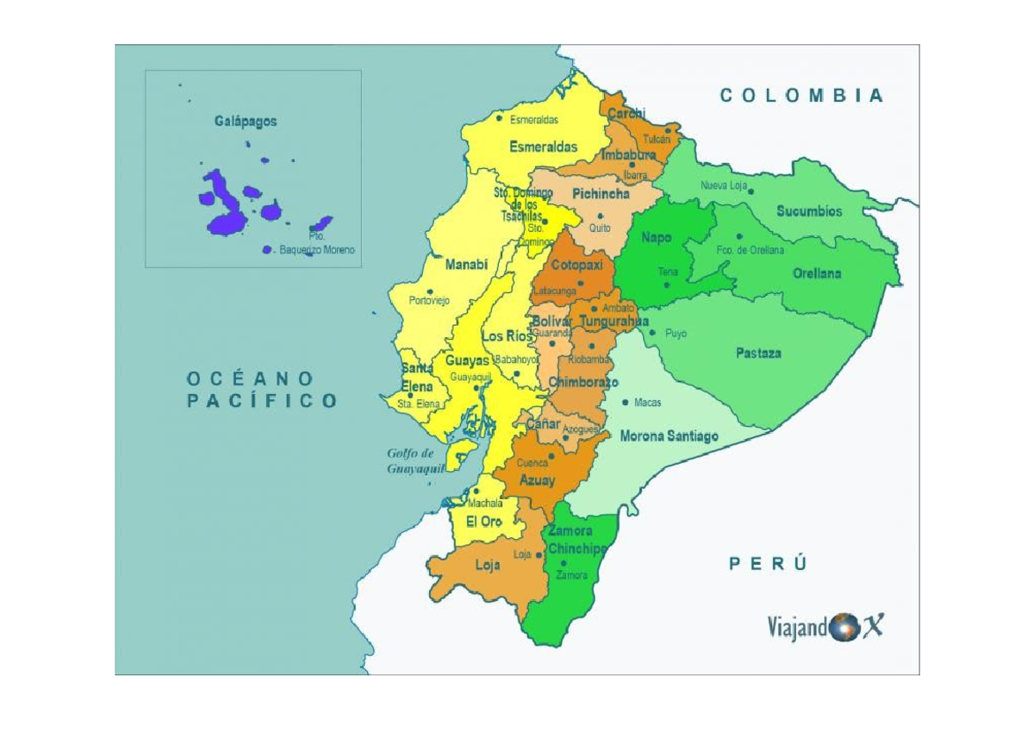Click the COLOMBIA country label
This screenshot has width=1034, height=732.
[x=801, y=96]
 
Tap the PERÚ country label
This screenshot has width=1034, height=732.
[x=769, y=564]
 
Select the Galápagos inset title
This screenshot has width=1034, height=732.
[x=246, y=122]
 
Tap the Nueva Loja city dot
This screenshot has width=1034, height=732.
[x=751, y=191]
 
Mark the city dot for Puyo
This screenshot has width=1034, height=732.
[x=652, y=333]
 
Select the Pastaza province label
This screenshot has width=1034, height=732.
[x=758, y=353]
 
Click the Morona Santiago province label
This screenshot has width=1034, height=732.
[x=669, y=436]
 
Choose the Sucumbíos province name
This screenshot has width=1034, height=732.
[x=809, y=211]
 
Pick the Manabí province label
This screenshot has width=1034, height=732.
[x=466, y=266]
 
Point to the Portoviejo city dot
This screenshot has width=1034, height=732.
[x=431, y=291]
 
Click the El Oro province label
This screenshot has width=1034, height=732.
[x=483, y=522]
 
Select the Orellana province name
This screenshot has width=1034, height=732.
[x=816, y=274]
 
